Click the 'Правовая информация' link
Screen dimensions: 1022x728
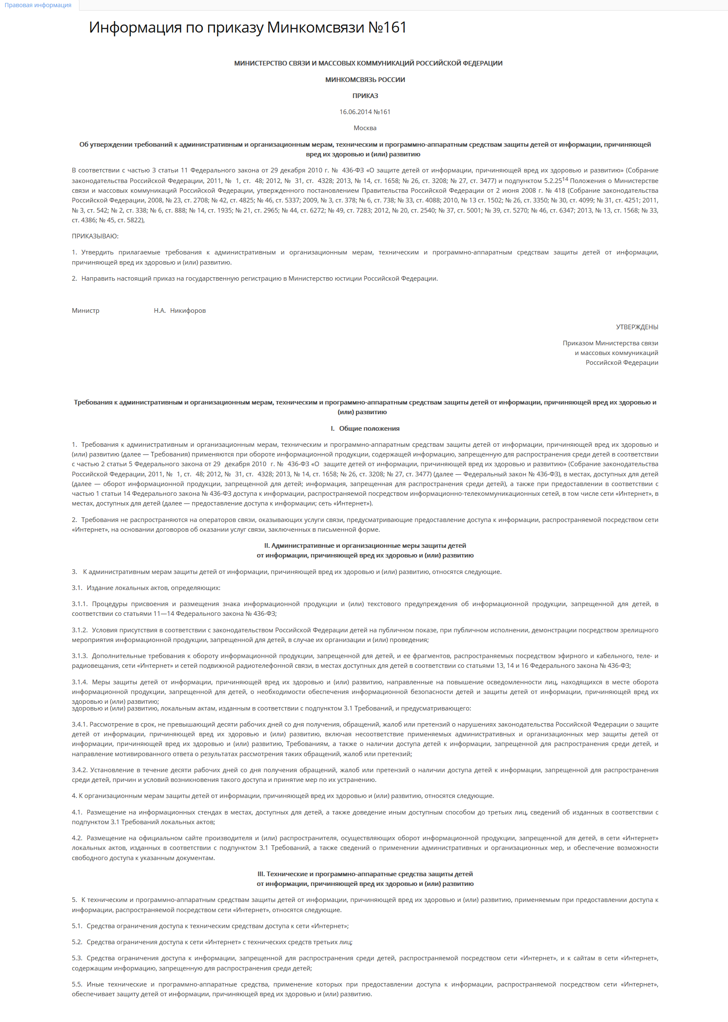point(38,5)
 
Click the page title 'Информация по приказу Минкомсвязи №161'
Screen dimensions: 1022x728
point(248,27)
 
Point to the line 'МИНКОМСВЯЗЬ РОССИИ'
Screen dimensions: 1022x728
point(365,79)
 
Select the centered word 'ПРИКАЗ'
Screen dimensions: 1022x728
point(365,96)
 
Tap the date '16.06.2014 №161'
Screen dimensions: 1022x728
point(365,112)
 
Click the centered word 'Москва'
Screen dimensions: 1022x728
point(365,128)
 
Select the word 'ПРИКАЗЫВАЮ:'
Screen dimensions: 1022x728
point(95,236)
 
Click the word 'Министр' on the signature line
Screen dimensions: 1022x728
point(86,310)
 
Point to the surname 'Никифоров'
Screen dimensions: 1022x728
point(188,310)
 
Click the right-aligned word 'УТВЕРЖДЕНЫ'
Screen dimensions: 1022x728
point(637,327)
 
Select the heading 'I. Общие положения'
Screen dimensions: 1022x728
point(365,428)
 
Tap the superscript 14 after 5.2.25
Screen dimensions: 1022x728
point(565,179)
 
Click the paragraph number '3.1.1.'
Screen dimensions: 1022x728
point(80,604)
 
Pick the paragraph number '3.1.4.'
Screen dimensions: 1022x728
point(80,682)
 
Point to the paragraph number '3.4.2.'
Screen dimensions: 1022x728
point(79,770)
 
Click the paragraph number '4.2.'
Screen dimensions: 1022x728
point(77,838)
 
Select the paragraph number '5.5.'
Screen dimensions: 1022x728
point(77,984)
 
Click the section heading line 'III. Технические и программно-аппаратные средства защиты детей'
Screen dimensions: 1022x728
point(365,874)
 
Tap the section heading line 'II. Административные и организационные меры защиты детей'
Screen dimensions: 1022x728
point(365,545)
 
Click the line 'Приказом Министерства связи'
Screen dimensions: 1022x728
point(610,343)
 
